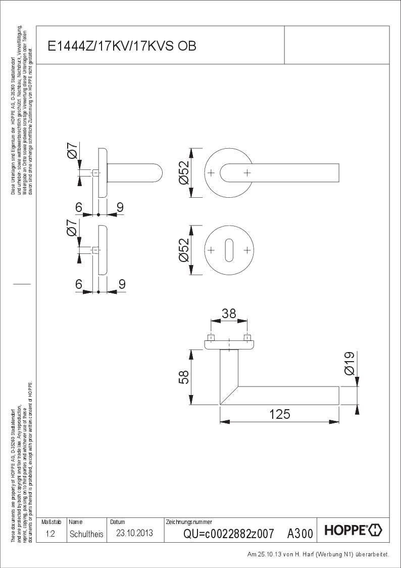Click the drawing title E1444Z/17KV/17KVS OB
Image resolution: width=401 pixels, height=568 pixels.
point(122,46)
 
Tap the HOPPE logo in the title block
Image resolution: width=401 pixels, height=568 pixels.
point(353,531)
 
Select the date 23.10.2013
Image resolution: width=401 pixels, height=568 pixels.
point(134,533)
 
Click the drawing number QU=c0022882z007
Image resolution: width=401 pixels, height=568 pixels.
point(228,534)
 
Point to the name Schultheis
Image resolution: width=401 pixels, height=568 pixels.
point(86,534)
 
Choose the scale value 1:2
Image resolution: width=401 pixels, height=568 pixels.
point(51,534)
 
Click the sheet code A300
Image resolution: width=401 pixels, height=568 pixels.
point(300,534)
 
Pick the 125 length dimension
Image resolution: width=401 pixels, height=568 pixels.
point(280,414)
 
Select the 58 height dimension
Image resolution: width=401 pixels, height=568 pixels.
point(184,377)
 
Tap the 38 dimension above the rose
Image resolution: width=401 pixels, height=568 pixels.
point(229,314)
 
